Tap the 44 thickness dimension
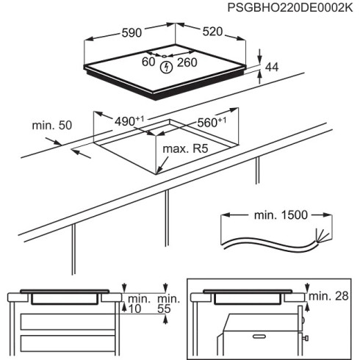(271, 68)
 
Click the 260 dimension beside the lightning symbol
(187, 62)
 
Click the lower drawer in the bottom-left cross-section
(66, 343)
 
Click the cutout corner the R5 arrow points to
(158, 173)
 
